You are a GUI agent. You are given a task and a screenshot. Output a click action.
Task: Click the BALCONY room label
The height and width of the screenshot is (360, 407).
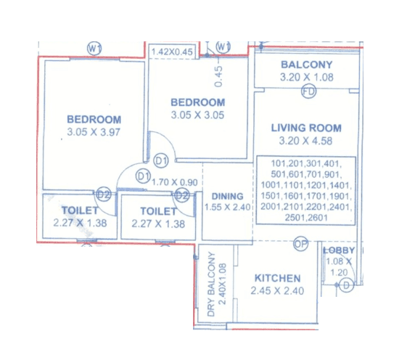tap(306, 65)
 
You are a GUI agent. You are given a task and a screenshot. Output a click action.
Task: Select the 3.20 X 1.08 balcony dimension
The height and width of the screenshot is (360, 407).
tap(306, 76)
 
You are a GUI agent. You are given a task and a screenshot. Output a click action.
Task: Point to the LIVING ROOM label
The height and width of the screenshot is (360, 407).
tap(305, 128)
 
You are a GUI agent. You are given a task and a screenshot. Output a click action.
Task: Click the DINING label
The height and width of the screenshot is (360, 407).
tap(227, 196)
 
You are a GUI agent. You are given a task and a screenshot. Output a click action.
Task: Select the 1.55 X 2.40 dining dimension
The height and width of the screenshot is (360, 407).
tap(227, 207)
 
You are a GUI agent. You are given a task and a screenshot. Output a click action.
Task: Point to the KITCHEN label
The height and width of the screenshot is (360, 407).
tap(276, 278)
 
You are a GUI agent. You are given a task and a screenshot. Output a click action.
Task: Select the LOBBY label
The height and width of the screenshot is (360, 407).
tap(338, 250)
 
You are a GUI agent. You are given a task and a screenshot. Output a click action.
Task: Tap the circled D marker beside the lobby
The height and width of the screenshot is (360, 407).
tap(347, 285)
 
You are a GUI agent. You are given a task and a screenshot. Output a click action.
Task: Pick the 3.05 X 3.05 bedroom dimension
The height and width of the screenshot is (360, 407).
tap(197, 115)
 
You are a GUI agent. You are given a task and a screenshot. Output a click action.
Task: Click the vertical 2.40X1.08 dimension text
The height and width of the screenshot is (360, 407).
tap(223, 285)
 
